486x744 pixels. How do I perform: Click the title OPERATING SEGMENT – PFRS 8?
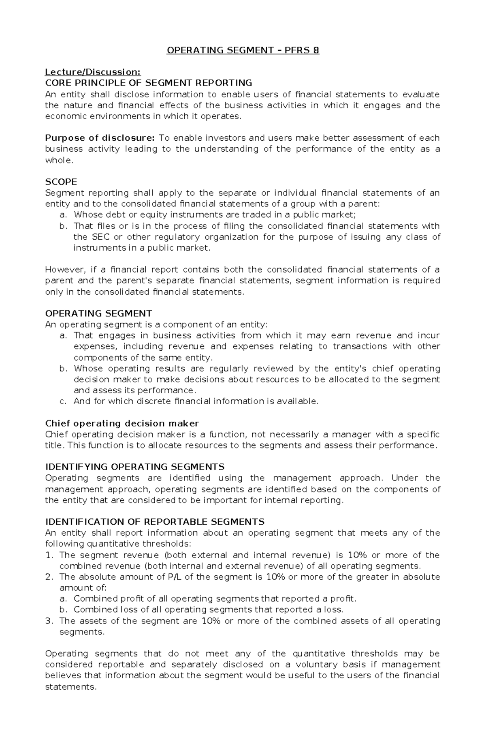coord(243,50)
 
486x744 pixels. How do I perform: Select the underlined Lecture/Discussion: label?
coord(93,72)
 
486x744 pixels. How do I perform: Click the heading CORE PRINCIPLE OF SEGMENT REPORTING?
coord(148,83)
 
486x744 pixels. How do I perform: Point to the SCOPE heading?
coord(61,182)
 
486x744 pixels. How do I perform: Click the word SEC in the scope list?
coord(101,237)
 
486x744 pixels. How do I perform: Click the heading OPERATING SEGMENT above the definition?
coord(98,313)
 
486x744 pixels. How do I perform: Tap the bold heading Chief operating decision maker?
coord(122,423)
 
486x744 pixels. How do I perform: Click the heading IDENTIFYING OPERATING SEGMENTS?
coord(134,467)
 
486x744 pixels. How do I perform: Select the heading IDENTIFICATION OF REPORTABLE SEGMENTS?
coord(155,522)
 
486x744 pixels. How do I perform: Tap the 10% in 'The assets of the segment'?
coord(211,621)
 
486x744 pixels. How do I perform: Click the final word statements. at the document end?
coord(71,687)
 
